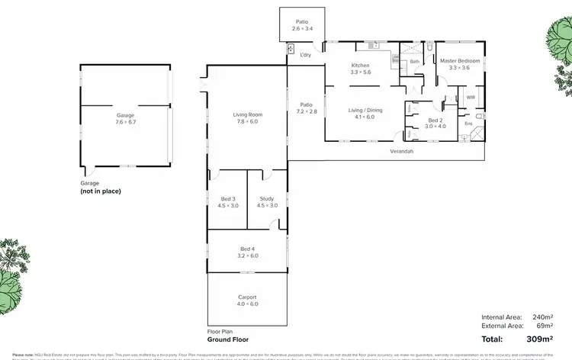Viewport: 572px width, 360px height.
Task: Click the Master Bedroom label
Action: [x=458, y=60]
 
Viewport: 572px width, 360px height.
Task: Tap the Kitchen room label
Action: [x=360, y=65]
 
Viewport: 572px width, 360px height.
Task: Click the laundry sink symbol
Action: [x=291, y=49]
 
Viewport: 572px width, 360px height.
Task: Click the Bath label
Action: [x=415, y=61]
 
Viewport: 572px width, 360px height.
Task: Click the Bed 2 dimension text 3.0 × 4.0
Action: [x=434, y=127]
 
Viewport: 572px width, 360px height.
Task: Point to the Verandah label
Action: [x=402, y=152]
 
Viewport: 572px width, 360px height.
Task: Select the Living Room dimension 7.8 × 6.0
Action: [x=247, y=121]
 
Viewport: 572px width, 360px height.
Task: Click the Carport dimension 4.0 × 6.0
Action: [x=247, y=304]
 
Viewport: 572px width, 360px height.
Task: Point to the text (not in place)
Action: [x=101, y=191]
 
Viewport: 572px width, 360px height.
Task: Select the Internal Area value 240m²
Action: [x=541, y=317]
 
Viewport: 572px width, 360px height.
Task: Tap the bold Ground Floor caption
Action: [x=228, y=339]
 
